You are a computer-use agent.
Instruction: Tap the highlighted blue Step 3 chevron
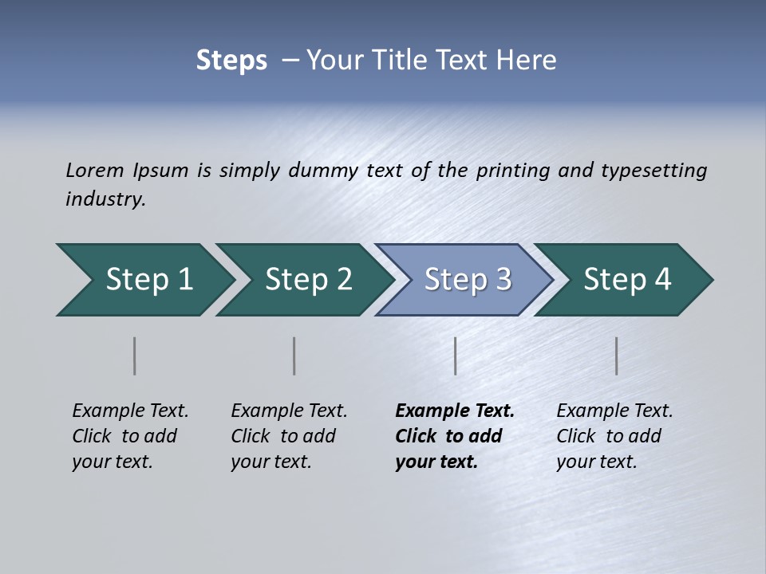pyautogui.click(x=468, y=280)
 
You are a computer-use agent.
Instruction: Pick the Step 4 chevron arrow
pyautogui.click(x=627, y=280)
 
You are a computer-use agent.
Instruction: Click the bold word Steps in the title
pyautogui.click(x=231, y=61)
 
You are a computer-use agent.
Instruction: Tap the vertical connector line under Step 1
pyautogui.click(x=135, y=356)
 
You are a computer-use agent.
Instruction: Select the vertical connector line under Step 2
pyautogui.click(x=294, y=356)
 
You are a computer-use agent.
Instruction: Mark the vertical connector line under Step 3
pyautogui.click(x=456, y=356)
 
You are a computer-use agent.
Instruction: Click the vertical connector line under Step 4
pyautogui.click(x=617, y=356)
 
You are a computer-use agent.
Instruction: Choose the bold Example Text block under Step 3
pyautogui.click(x=455, y=436)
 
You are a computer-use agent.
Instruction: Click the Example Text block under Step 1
pyautogui.click(x=130, y=436)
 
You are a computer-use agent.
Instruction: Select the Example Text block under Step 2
pyautogui.click(x=289, y=436)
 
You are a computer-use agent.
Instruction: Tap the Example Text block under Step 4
pyautogui.click(x=614, y=436)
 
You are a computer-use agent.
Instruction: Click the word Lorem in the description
pyautogui.click(x=95, y=171)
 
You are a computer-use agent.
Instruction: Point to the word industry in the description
pyautogui.click(x=105, y=199)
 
